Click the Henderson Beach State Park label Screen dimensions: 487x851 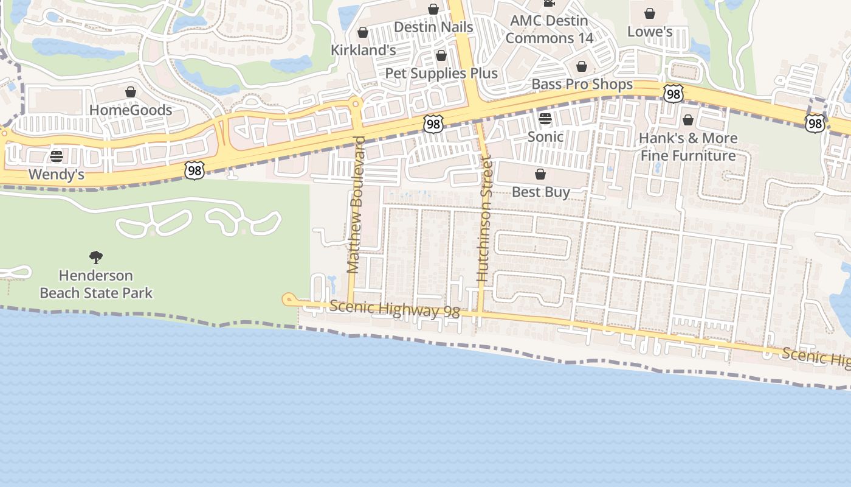(x=96, y=284)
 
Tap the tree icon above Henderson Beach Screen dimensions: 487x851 (x=96, y=257)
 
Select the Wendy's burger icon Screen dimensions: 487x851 (x=57, y=156)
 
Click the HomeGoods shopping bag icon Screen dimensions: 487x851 (x=131, y=92)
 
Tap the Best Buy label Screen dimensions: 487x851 (x=540, y=192)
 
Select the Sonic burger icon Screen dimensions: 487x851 (x=545, y=118)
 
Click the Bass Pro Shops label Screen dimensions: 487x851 (x=582, y=85)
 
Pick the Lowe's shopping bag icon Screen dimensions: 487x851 (x=650, y=13)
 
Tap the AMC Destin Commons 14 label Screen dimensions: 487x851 (x=549, y=29)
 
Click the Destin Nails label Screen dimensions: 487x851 (x=433, y=27)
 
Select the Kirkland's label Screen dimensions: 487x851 (x=363, y=51)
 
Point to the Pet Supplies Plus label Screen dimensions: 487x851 (x=441, y=74)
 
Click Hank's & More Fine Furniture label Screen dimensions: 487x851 (x=688, y=147)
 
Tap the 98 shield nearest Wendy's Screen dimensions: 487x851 (x=194, y=170)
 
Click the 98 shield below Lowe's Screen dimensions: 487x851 (x=673, y=94)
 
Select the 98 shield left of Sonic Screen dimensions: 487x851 (x=433, y=124)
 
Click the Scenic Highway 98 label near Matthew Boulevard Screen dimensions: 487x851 (x=394, y=309)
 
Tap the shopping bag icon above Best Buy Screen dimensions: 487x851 (x=540, y=175)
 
